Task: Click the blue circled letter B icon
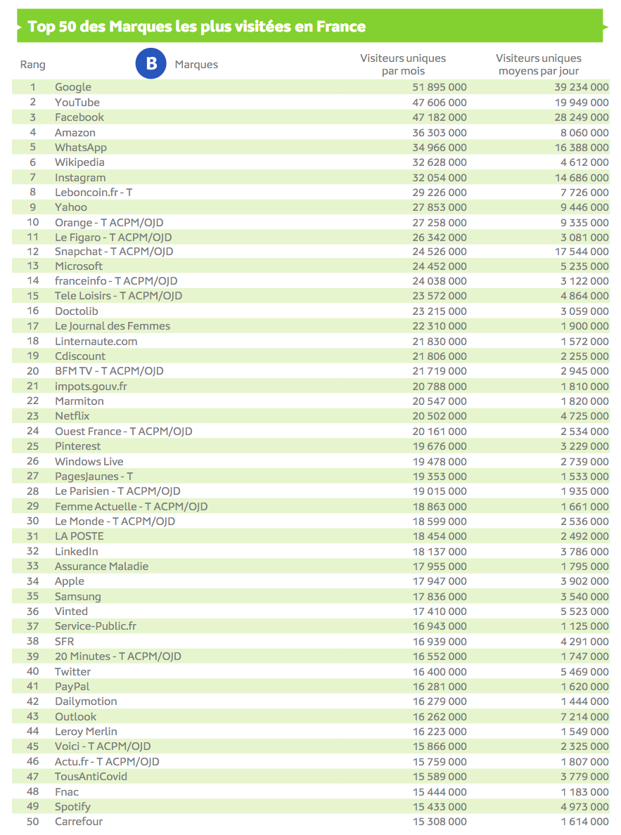click(151, 64)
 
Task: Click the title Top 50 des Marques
click(196, 27)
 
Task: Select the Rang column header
click(32, 65)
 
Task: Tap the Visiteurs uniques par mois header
click(403, 64)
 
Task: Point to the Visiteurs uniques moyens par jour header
click(539, 64)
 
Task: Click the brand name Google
click(73, 87)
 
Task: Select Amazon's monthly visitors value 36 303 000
click(439, 132)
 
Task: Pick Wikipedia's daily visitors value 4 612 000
click(580, 162)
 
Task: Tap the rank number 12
click(32, 252)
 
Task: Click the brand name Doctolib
click(77, 311)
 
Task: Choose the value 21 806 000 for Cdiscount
click(439, 356)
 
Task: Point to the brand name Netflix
click(72, 416)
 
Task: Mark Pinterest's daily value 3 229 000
click(580, 446)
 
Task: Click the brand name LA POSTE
click(79, 536)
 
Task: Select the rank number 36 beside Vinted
click(32, 611)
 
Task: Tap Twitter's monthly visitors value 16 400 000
click(439, 671)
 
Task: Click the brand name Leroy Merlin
click(86, 732)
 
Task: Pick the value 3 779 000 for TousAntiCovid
click(580, 777)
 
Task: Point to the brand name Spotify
click(72, 807)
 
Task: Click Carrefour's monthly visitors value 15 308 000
click(439, 822)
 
